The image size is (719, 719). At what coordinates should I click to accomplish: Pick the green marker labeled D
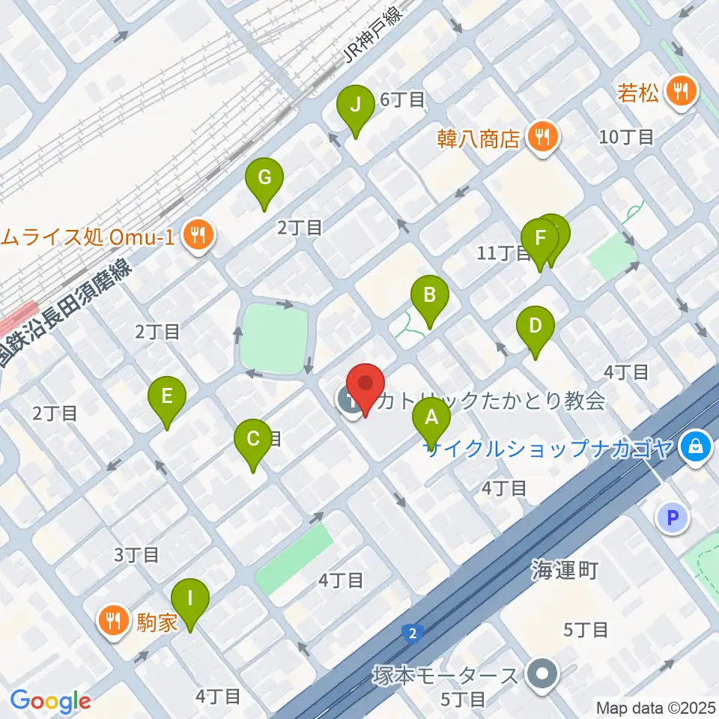coord(535,327)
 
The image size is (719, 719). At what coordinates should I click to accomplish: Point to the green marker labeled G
coord(264,178)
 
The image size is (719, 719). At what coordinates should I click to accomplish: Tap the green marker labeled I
coord(190,599)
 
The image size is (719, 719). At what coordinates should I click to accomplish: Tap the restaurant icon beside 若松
coord(682,92)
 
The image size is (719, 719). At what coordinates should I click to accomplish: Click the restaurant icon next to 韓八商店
coord(543,136)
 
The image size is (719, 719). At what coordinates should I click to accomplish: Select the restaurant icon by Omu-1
coord(198,237)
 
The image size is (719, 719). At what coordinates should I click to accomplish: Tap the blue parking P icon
coord(673,518)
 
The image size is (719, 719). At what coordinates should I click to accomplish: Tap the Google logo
coord(50,701)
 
